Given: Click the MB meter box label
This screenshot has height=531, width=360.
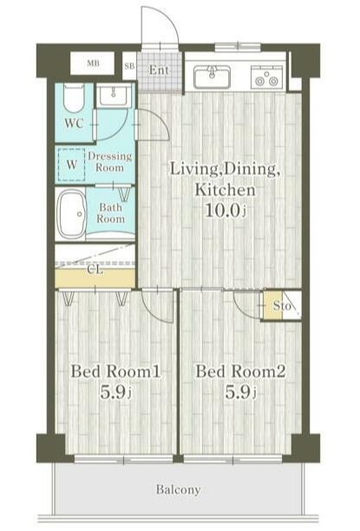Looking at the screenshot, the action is pyautogui.click(x=93, y=63).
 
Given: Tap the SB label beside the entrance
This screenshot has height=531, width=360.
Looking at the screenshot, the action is pyautogui.click(x=129, y=66).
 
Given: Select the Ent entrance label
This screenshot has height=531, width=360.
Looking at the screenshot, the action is pyautogui.click(x=159, y=70).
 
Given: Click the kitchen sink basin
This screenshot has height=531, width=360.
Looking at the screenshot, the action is pyautogui.click(x=212, y=76).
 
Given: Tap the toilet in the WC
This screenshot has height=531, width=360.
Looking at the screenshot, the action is pyautogui.click(x=74, y=99).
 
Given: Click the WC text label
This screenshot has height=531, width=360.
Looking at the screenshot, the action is pyautogui.click(x=74, y=123).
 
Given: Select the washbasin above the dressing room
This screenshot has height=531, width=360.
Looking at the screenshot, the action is pyautogui.click(x=114, y=95).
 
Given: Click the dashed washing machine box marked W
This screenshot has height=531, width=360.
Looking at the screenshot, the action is pyautogui.click(x=72, y=165).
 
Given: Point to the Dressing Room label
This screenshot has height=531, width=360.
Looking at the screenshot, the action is pyautogui.click(x=109, y=162).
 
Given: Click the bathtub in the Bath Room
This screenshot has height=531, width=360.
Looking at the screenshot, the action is pyautogui.click(x=71, y=214).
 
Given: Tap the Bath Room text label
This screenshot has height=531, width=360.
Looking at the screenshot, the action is pyautogui.click(x=110, y=213).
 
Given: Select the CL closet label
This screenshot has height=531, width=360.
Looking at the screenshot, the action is pyautogui.click(x=95, y=270).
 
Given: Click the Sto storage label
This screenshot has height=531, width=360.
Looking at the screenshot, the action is pyautogui.click(x=282, y=305).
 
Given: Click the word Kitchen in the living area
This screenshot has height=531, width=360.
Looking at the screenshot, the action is pyautogui.click(x=225, y=189).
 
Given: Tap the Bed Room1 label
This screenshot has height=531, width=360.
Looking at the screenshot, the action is pyautogui.click(x=115, y=371).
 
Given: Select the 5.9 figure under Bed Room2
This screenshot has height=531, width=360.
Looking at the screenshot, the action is pyautogui.click(x=241, y=392).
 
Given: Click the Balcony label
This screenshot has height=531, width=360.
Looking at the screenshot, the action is pyautogui.click(x=178, y=489).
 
